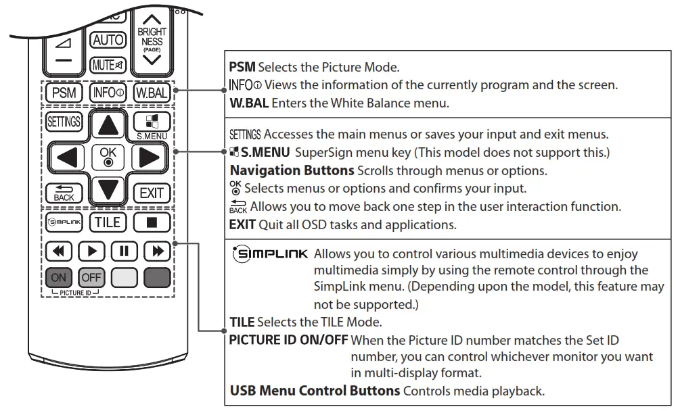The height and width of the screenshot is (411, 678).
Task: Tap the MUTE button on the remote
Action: tap(108, 66)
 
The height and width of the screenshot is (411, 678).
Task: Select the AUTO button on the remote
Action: tap(108, 40)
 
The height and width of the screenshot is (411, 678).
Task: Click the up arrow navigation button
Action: tap(108, 124)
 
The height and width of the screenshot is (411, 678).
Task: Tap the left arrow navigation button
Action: tap(68, 157)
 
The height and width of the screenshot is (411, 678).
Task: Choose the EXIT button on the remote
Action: tap(151, 193)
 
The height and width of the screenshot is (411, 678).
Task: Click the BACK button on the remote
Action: tap(64, 193)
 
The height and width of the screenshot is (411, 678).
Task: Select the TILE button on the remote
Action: tap(107, 222)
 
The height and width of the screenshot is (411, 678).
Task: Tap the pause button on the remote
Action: tap(124, 251)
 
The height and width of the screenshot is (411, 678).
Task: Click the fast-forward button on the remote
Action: tap(158, 251)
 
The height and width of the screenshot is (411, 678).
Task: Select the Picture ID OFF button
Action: tap(91, 278)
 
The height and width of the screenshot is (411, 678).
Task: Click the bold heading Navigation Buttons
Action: tap(292, 170)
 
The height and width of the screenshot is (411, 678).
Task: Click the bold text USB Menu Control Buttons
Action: tap(315, 391)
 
